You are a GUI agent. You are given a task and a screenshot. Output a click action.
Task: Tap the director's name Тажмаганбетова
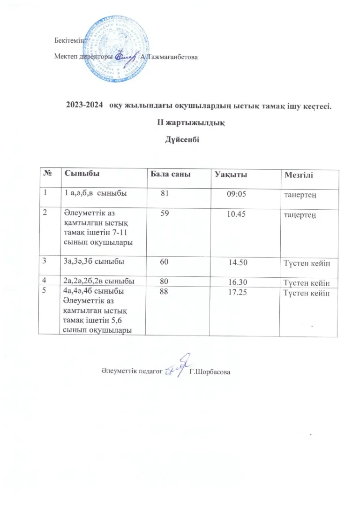(x=171, y=57)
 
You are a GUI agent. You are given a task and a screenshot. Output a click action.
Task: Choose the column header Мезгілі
(x=299, y=175)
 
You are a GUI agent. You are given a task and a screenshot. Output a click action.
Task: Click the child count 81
(x=165, y=192)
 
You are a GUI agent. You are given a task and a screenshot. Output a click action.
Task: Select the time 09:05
(x=235, y=193)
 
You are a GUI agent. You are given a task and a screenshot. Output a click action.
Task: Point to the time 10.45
(x=235, y=214)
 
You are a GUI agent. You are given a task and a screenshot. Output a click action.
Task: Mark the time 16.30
(x=238, y=282)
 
